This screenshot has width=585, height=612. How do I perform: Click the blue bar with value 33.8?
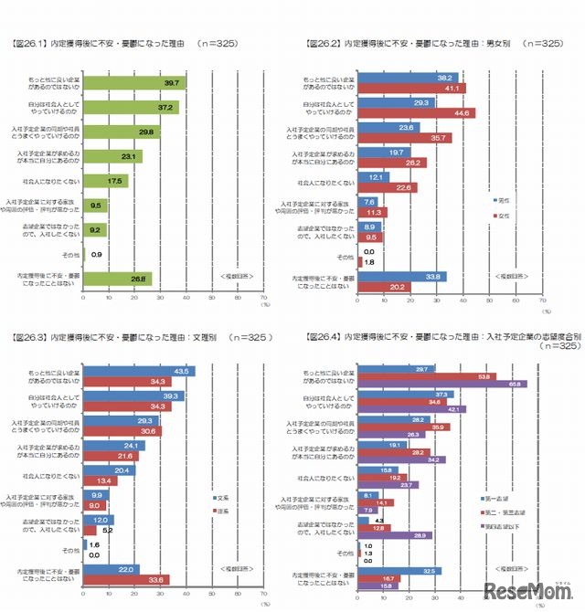[401, 275]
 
